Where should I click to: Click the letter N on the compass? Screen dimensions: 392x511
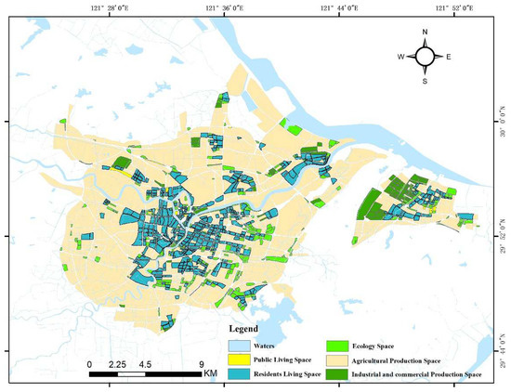coord(425,33)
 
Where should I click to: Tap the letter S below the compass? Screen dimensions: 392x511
coord(425,80)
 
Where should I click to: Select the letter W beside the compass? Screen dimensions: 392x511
coord(400,57)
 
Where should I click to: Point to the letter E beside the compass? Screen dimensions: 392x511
coord(450,57)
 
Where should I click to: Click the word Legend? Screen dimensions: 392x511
coord(248,329)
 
